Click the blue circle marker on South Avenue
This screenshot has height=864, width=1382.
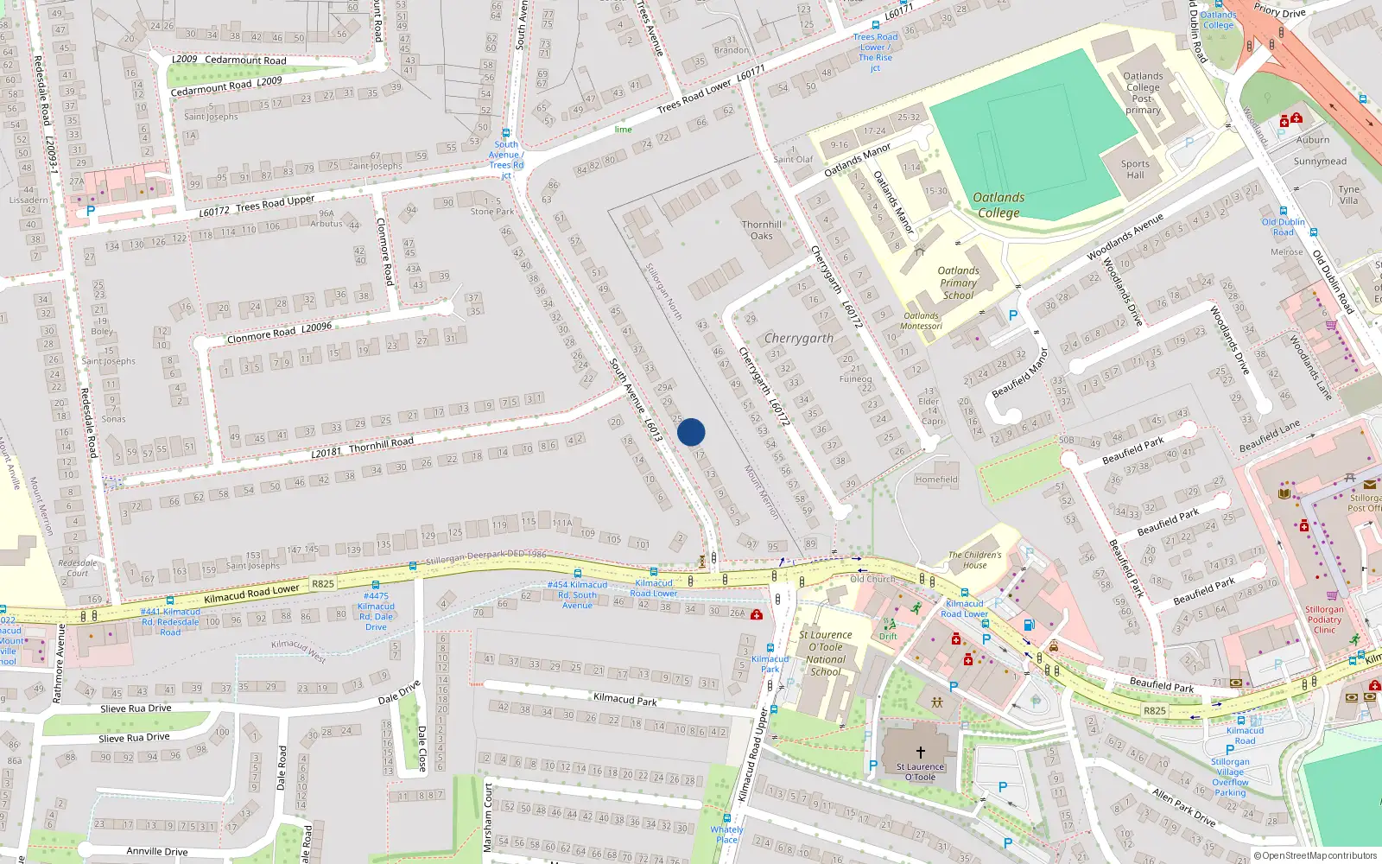pyautogui.click(x=691, y=432)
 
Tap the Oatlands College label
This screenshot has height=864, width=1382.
pyautogui.click(x=998, y=205)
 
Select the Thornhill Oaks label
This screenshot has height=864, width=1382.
pyautogui.click(x=761, y=230)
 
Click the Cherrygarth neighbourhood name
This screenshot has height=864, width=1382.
pyautogui.click(x=799, y=338)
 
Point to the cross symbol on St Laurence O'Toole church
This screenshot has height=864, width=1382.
pyautogui.click(x=920, y=753)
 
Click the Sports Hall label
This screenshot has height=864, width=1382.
pyautogui.click(x=1135, y=169)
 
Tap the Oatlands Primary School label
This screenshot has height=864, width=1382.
pyautogui.click(x=958, y=283)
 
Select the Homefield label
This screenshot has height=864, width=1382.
pyautogui.click(x=936, y=480)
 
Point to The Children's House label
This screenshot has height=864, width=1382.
pyautogui.click(x=975, y=560)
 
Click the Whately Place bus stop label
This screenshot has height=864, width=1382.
pyautogui.click(x=726, y=835)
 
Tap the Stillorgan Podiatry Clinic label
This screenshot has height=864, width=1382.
pyautogui.click(x=1324, y=619)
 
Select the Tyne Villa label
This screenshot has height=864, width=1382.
pyautogui.click(x=1348, y=194)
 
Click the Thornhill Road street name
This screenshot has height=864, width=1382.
pyautogui.click(x=381, y=444)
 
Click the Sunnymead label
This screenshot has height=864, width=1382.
pyautogui.click(x=1320, y=162)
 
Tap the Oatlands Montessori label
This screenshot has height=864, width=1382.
pyautogui.click(x=921, y=321)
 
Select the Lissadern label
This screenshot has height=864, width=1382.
pyautogui.click(x=29, y=200)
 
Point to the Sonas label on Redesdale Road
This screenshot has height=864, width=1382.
pyautogui.click(x=113, y=419)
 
